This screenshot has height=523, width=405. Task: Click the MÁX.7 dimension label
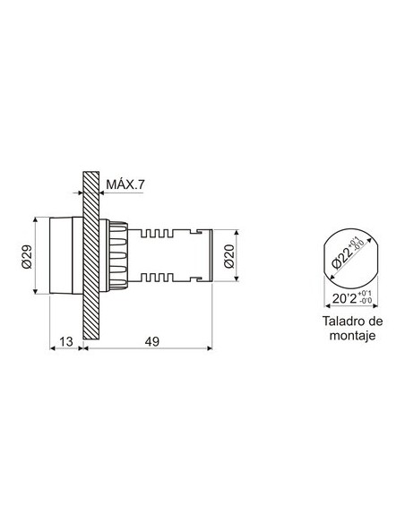[x=126, y=184]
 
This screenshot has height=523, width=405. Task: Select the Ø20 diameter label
[x=229, y=258]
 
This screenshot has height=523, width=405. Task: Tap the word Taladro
[x=336, y=322]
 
